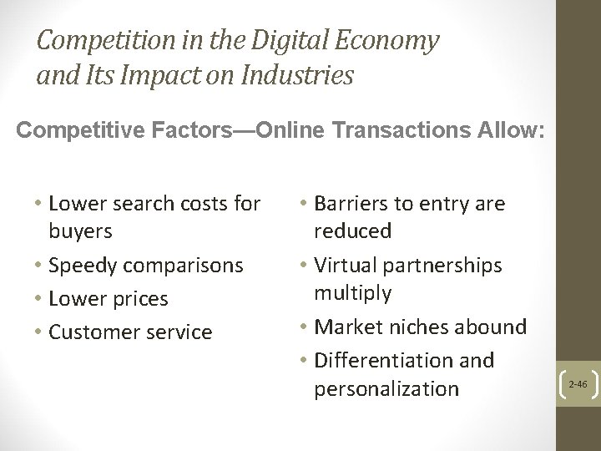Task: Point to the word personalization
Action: [x=387, y=388]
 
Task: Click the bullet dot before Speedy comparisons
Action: [x=38, y=266]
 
